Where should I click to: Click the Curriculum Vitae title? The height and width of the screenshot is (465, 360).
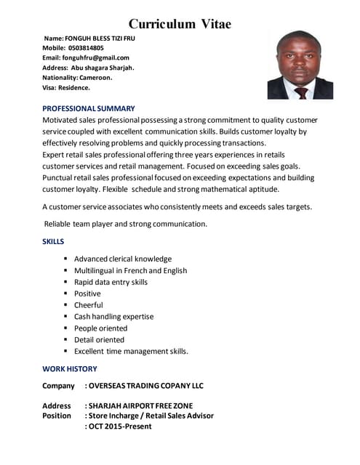tap(180, 24)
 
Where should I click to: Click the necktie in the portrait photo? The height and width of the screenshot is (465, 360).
tap(301, 92)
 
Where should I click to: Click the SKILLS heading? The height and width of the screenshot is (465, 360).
tap(53, 241)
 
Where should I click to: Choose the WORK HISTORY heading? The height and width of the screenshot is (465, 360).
tap(69, 368)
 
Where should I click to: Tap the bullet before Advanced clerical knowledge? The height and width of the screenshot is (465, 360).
tap(66, 259)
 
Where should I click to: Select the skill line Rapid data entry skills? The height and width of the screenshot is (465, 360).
tap(111, 282)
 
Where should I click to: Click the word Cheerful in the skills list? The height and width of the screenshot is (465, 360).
tap(89, 305)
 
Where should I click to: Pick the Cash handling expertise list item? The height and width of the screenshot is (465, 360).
tap(113, 317)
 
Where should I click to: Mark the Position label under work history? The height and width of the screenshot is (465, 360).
tap(57, 416)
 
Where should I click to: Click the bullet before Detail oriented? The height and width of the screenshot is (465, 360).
tap(66, 339)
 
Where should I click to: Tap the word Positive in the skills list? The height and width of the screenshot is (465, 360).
tap(87, 294)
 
